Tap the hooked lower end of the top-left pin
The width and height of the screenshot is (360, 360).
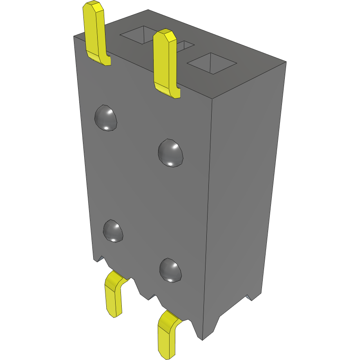(x=102, y=59)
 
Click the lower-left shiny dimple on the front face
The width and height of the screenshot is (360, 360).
(x=113, y=231)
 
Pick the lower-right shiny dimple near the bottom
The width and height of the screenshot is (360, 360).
(x=170, y=270)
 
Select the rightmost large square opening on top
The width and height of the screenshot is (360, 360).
(x=212, y=63)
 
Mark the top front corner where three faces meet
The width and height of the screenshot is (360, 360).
(x=213, y=99)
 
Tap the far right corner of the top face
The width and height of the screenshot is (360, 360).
(x=286, y=62)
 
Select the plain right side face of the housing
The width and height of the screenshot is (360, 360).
(x=245, y=184)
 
